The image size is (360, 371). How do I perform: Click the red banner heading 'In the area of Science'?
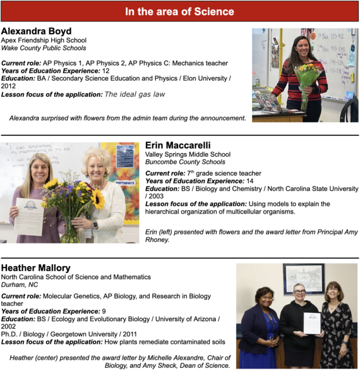(179, 11)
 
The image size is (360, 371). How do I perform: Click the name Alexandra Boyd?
(36, 31)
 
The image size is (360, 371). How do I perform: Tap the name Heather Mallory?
(37, 268)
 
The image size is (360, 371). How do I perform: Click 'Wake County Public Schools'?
(44, 48)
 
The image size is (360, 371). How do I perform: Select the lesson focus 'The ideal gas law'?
(135, 94)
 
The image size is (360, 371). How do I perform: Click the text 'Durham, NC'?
(18, 285)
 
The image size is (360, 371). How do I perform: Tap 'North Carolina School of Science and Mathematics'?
(76, 277)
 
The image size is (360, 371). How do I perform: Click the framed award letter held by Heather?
(311, 322)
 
